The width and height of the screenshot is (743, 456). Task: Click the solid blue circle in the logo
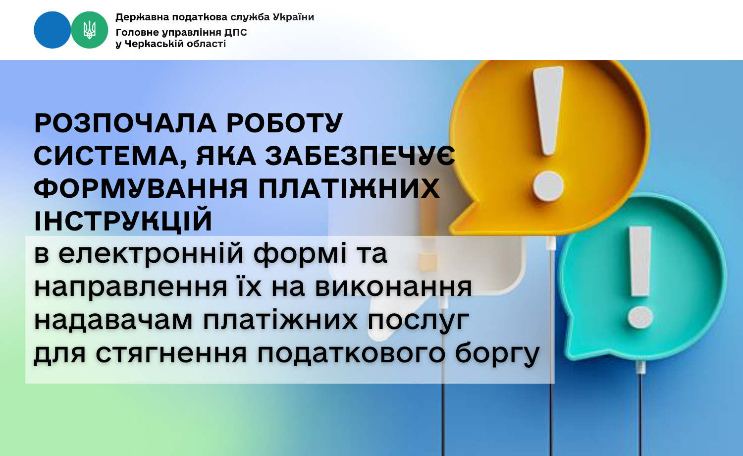pyautogui.click(x=53, y=30)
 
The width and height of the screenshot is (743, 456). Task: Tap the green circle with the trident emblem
pyautogui.click(x=90, y=30)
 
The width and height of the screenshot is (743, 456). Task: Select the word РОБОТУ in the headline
pyautogui.click(x=285, y=123)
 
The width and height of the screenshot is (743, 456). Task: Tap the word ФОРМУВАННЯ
pyautogui.click(x=141, y=188)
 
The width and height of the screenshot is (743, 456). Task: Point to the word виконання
pyautogui.click(x=393, y=287)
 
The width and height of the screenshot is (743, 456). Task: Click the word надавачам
pyautogui.click(x=113, y=320)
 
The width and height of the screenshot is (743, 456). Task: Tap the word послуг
pyautogui.click(x=418, y=321)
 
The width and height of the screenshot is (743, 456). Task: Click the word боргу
pyautogui.click(x=497, y=354)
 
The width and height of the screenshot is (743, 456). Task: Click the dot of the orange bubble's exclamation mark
pyautogui.click(x=548, y=186)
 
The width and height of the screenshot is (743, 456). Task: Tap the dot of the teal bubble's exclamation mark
pyautogui.click(x=640, y=317)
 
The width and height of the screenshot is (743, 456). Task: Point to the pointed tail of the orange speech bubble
pyautogui.click(x=454, y=229)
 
